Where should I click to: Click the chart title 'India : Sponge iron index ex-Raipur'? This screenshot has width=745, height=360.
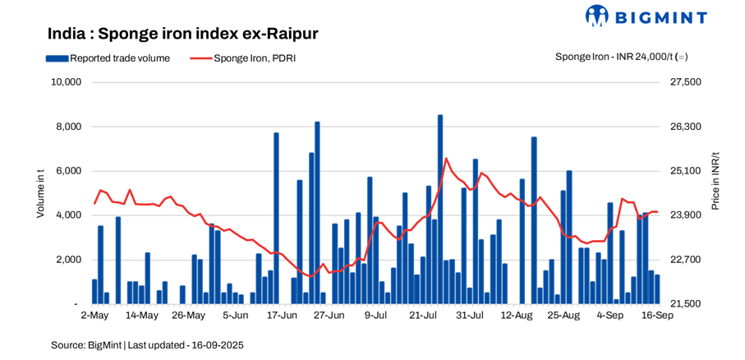[x=182, y=34]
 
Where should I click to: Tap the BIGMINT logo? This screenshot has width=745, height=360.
[x=657, y=16]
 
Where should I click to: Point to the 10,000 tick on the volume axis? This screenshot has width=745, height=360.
[x=65, y=82]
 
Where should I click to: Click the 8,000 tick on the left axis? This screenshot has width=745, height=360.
[x=67, y=127]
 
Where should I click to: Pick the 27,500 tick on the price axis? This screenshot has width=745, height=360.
[x=687, y=82]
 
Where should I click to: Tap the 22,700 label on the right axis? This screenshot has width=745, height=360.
[x=687, y=260]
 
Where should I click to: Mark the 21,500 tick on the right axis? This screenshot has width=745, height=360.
[x=687, y=304]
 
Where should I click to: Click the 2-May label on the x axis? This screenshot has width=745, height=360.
[x=94, y=315]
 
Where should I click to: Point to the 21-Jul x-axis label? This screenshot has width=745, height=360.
[x=425, y=315]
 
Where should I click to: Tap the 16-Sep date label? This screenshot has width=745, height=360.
[x=657, y=315]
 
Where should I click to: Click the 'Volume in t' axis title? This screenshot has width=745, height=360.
[x=40, y=193]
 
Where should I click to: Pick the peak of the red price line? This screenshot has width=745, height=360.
[x=446, y=159]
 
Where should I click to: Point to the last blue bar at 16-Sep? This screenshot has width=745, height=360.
[x=657, y=289]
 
